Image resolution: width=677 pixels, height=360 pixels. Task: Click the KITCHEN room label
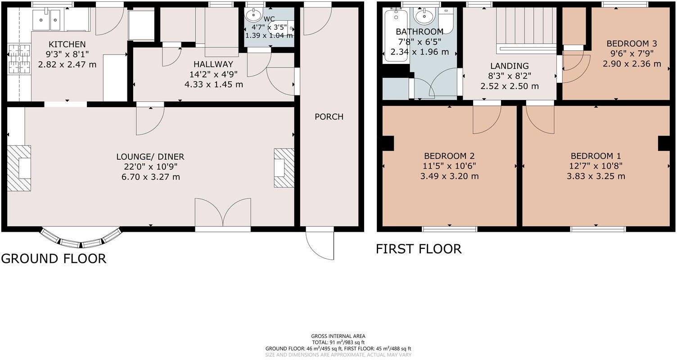click(67, 44)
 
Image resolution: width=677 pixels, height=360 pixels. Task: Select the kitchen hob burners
click(18, 58)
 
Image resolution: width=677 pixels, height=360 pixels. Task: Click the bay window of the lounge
click(81, 238)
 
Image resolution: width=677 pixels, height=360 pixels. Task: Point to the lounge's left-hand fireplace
click(19, 168)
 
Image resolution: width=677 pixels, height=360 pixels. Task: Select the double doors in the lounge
click(223, 212)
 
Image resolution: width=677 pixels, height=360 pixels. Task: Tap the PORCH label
click(329, 117)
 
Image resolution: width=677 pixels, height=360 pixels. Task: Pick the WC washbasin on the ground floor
click(254, 14)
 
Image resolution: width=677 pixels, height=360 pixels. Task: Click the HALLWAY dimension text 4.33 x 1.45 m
click(213, 84)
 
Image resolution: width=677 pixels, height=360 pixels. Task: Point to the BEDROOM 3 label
click(632, 44)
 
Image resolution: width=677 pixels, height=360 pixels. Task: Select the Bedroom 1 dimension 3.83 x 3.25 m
click(596, 176)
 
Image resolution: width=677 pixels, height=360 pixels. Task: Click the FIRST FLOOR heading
click(419, 249)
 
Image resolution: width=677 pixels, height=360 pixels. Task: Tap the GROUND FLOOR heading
click(54, 258)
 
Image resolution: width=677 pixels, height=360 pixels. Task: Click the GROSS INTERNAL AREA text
click(338, 336)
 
